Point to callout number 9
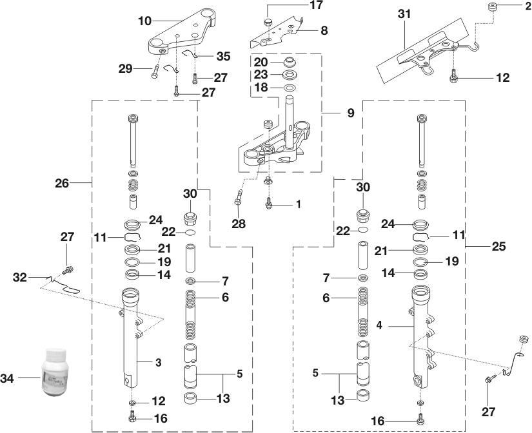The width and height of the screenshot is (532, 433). click(x=350, y=112)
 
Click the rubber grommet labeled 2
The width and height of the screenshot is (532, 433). click(x=493, y=8)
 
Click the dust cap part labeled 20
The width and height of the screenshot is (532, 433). click(x=291, y=64)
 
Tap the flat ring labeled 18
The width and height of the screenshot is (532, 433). click(x=290, y=87)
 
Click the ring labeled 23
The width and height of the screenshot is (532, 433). click(x=290, y=75)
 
